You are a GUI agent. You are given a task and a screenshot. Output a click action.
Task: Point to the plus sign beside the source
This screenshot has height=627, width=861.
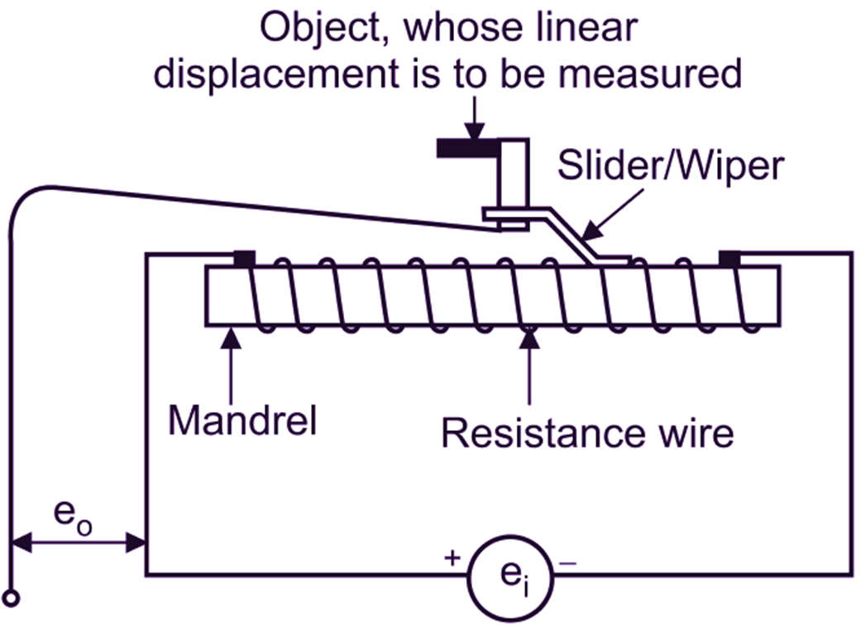coord(452,558)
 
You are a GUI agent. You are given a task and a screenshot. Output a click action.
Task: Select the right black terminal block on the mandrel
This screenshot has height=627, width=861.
coord(729,259)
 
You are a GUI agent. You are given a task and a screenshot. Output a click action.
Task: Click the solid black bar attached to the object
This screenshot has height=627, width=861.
coord(466,148)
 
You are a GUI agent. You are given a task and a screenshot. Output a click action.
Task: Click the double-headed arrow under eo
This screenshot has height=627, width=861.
coord(79,543)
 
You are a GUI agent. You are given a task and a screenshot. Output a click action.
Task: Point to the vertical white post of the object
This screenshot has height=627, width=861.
coord(516,174)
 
